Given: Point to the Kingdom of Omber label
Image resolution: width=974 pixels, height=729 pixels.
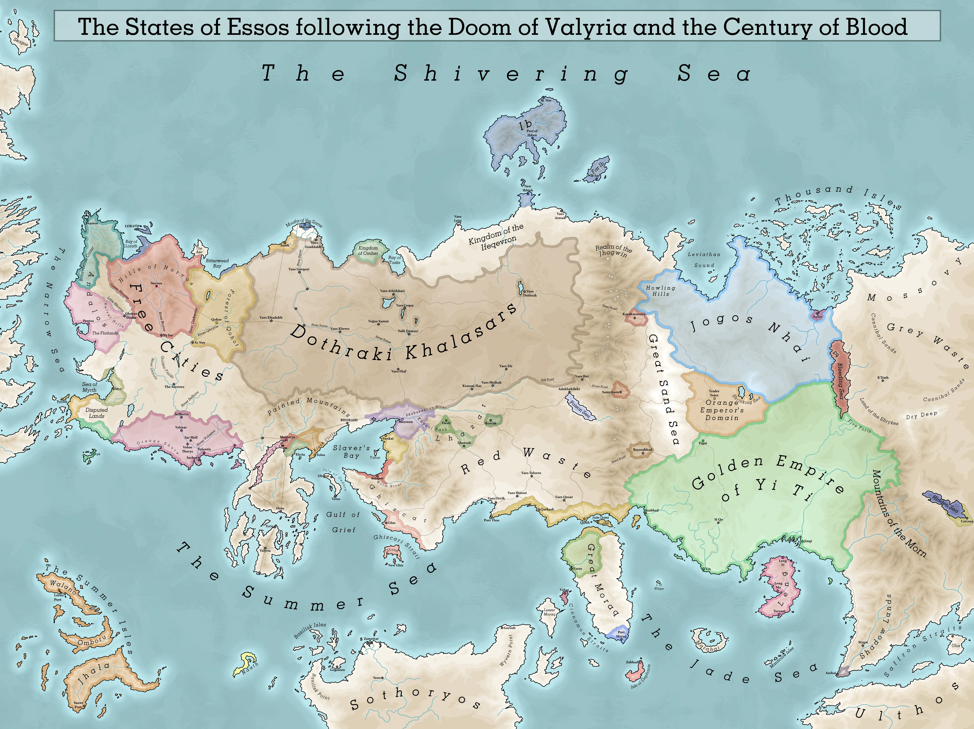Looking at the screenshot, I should click(x=368, y=251).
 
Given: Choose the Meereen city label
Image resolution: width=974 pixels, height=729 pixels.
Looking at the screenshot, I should click(x=405, y=422).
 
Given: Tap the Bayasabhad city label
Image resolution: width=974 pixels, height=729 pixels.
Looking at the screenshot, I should click(x=642, y=450).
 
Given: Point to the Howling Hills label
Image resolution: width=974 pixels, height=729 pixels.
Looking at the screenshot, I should click(x=661, y=291).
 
